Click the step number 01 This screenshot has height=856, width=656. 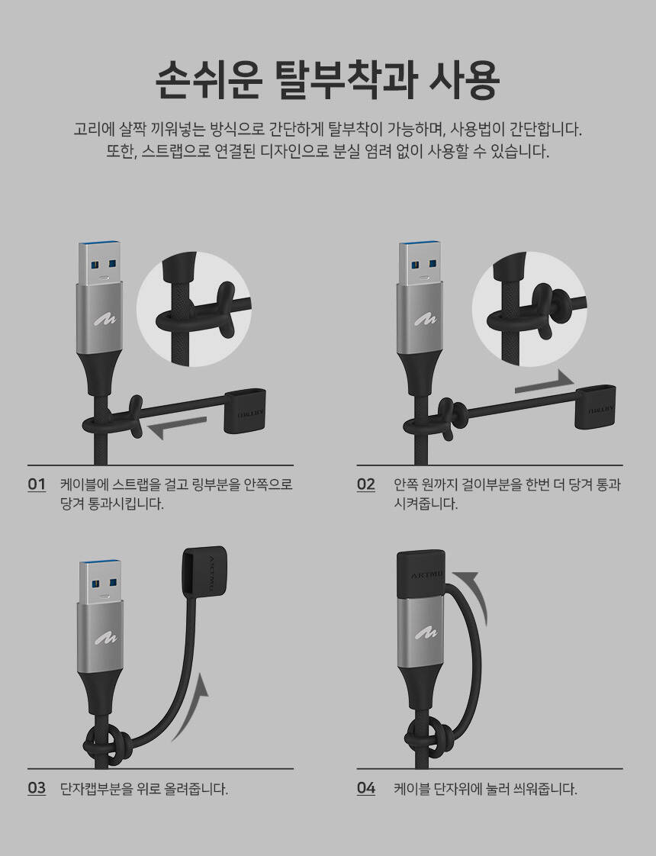[37, 484]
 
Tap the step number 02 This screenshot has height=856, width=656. [366, 484]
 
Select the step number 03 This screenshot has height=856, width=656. [37, 788]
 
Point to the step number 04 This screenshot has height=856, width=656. [366, 788]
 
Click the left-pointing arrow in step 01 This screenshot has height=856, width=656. [177, 427]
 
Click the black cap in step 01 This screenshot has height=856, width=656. [245, 410]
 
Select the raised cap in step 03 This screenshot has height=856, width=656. [203, 571]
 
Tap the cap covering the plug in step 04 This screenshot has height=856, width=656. [421, 574]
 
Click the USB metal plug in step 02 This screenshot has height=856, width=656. [420, 263]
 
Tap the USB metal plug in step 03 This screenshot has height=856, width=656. [101, 582]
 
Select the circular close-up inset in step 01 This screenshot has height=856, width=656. [194, 309]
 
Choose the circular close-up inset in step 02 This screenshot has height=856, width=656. [529, 309]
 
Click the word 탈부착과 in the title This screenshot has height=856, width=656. [346, 80]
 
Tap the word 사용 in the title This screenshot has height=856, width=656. [464, 80]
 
